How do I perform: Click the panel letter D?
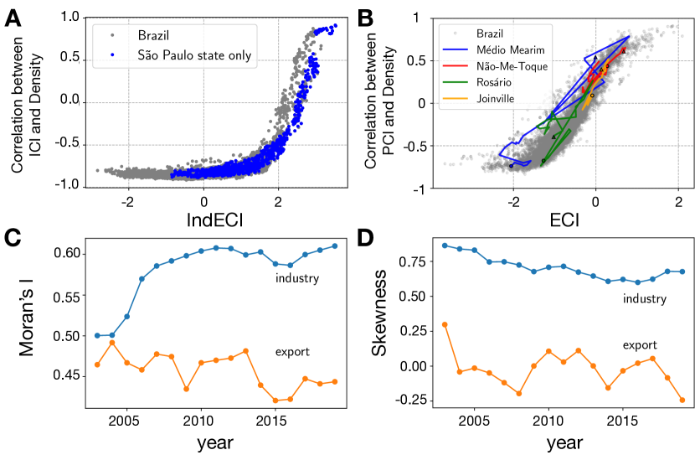[365, 240]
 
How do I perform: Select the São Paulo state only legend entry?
[194, 55]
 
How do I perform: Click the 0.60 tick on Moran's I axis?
[66, 253]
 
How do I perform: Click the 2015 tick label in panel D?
[621, 419]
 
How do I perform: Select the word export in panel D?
[639, 344]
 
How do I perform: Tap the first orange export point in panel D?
[445, 324]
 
